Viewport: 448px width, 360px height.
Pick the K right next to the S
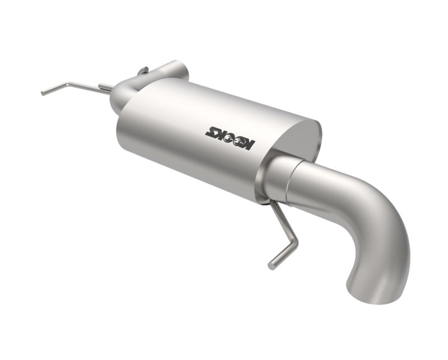point(219,132)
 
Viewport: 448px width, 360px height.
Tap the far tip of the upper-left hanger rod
point(43,93)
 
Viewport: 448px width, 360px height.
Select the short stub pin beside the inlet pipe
point(105,87)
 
